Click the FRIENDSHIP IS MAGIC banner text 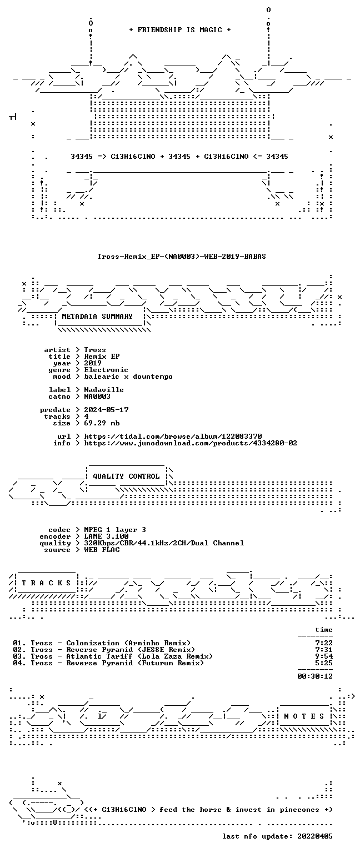180,29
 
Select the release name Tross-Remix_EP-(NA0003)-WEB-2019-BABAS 181,256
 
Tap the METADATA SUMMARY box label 97,316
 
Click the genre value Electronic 106,370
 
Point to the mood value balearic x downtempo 128,377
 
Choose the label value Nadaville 104,389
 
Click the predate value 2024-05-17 106,410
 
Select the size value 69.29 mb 102,423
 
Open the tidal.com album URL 173,436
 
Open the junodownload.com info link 191,443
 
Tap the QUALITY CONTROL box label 126,476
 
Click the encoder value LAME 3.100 106,536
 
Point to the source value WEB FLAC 102,549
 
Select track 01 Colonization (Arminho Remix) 102,643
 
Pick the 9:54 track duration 324,656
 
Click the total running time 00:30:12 315,676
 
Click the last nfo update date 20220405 315,836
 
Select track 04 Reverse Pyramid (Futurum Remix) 108,663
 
